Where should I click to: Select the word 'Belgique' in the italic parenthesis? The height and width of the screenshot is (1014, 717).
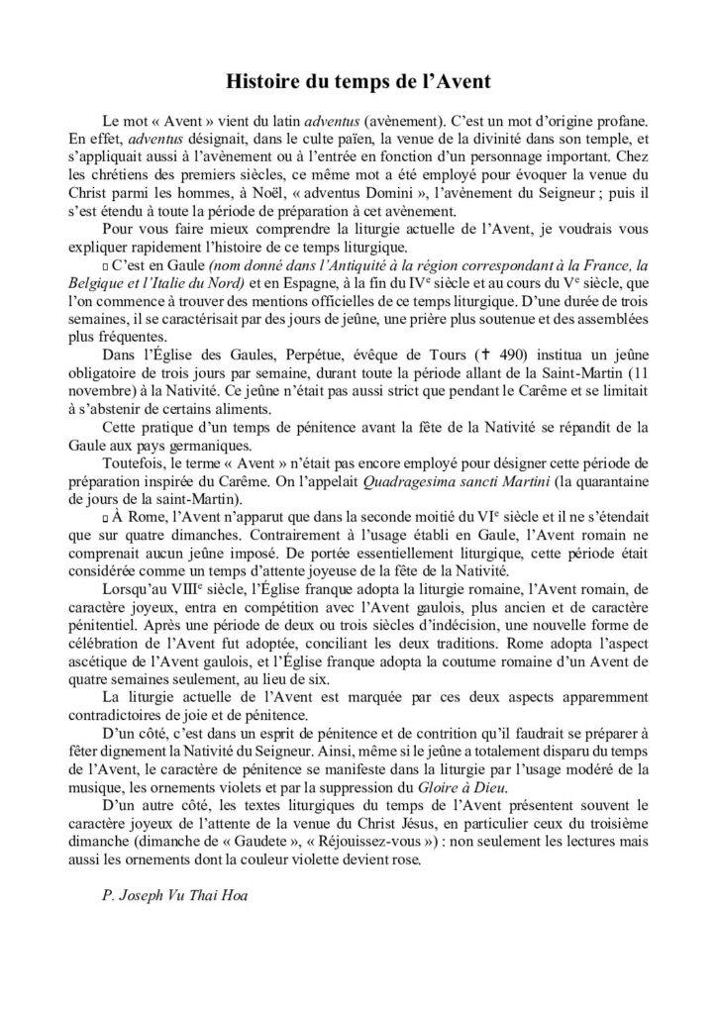click(x=130, y=286)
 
